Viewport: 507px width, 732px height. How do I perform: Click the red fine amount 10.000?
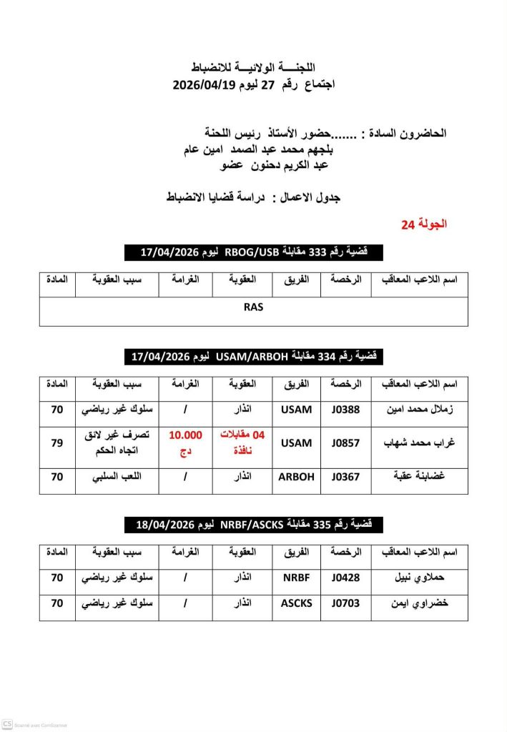click(186, 435)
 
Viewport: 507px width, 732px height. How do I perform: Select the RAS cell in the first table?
click(253, 307)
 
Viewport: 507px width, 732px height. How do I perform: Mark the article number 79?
click(57, 442)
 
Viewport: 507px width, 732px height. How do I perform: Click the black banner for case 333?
click(253, 252)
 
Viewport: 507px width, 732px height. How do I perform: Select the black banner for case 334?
click(253, 355)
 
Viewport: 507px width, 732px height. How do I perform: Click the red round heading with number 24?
click(423, 224)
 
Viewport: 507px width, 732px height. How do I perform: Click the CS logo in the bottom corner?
click(7, 724)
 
